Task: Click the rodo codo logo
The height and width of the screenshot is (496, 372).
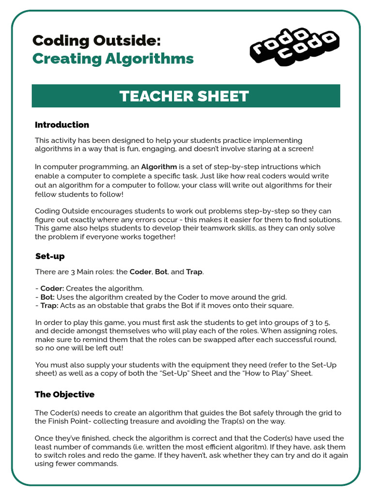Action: point(294,48)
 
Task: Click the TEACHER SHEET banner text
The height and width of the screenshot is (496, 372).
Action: point(185,96)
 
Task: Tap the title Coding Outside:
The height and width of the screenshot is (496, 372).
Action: point(96,40)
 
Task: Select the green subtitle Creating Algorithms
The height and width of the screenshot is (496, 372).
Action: point(113,59)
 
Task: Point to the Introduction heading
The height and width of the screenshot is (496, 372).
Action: point(62,124)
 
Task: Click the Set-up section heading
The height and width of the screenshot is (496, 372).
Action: point(50,256)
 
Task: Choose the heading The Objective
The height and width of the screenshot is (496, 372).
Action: point(64,394)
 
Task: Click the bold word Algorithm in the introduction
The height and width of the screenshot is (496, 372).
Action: point(159,167)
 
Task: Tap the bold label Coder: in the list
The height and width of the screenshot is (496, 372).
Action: point(52,288)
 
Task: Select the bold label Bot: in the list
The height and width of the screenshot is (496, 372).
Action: point(47,297)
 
